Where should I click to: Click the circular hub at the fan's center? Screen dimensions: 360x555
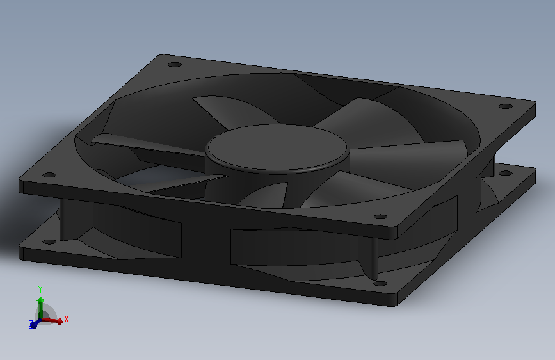coord(277,148)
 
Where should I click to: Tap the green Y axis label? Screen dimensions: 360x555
coord(40,288)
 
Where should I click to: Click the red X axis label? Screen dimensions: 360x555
coord(67,318)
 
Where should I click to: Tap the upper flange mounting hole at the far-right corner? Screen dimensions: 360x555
coord(505,106)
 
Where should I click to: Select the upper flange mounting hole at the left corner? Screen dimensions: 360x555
coord(47,174)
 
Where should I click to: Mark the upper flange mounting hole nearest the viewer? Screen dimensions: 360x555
coord(380,217)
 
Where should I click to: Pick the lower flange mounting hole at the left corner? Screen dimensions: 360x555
coord(48,242)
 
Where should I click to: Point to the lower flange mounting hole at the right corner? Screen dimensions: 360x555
coord(504,172)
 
